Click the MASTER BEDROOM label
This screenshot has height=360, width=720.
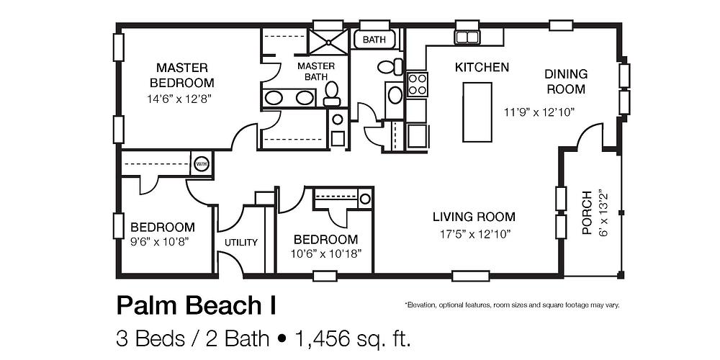click(x=177, y=74)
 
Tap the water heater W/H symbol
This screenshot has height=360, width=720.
click(x=201, y=163)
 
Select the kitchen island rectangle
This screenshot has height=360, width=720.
click(x=477, y=112)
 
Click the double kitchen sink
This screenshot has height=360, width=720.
click(x=468, y=37)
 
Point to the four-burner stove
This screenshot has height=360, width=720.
click(x=417, y=85)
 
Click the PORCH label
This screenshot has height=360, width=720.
click(x=587, y=214)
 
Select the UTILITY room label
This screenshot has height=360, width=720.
click(x=240, y=243)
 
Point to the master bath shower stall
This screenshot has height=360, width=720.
click(x=328, y=40)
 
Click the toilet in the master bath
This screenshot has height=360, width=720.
click(x=332, y=92)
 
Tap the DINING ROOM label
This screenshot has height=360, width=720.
click(x=565, y=81)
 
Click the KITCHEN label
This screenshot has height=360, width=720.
click(x=482, y=67)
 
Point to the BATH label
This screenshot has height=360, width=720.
click(x=374, y=40)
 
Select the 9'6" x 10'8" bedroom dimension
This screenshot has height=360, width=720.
click(x=162, y=241)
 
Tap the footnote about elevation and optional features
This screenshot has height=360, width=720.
click(x=511, y=305)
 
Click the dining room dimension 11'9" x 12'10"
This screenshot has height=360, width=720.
click(x=539, y=112)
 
